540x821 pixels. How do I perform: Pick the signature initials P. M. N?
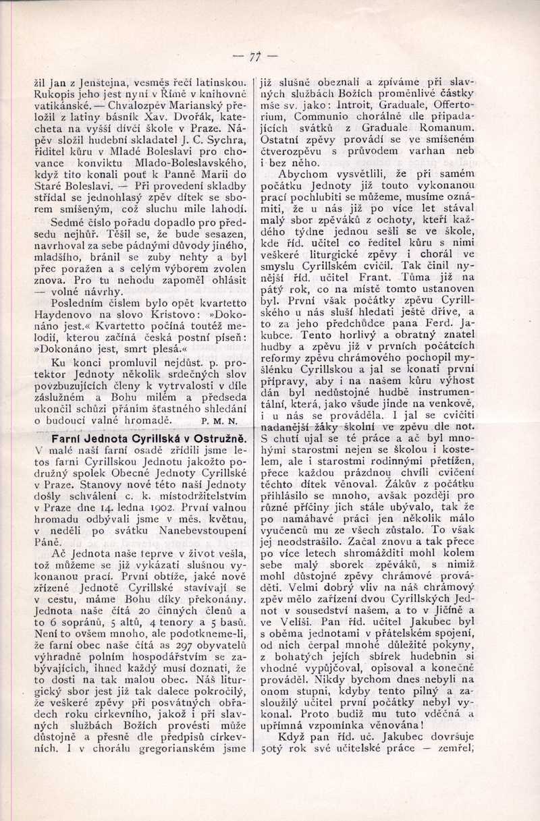pyautogui.click(x=217, y=422)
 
